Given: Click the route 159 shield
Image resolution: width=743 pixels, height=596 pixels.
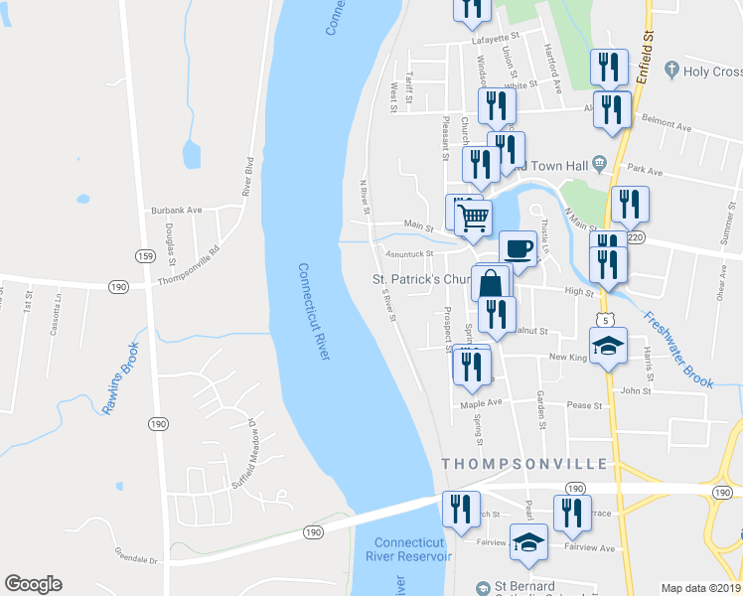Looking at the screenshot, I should [145, 255].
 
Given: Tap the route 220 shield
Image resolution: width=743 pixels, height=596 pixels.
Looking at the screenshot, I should [636, 237].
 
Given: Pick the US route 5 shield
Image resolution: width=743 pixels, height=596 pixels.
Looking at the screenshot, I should [604, 319].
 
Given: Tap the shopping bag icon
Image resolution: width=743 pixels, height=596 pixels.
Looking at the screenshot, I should [492, 283].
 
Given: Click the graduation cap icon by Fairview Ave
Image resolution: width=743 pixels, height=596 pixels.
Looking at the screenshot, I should [528, 541].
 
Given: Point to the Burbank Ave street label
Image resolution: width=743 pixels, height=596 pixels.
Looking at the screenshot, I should [177, 211].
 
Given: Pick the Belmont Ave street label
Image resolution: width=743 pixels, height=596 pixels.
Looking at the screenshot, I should [668, 127].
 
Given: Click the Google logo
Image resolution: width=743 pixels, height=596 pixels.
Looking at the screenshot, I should [33, 584].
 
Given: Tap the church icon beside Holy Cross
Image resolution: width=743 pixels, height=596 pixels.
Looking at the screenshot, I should [672, 71].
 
